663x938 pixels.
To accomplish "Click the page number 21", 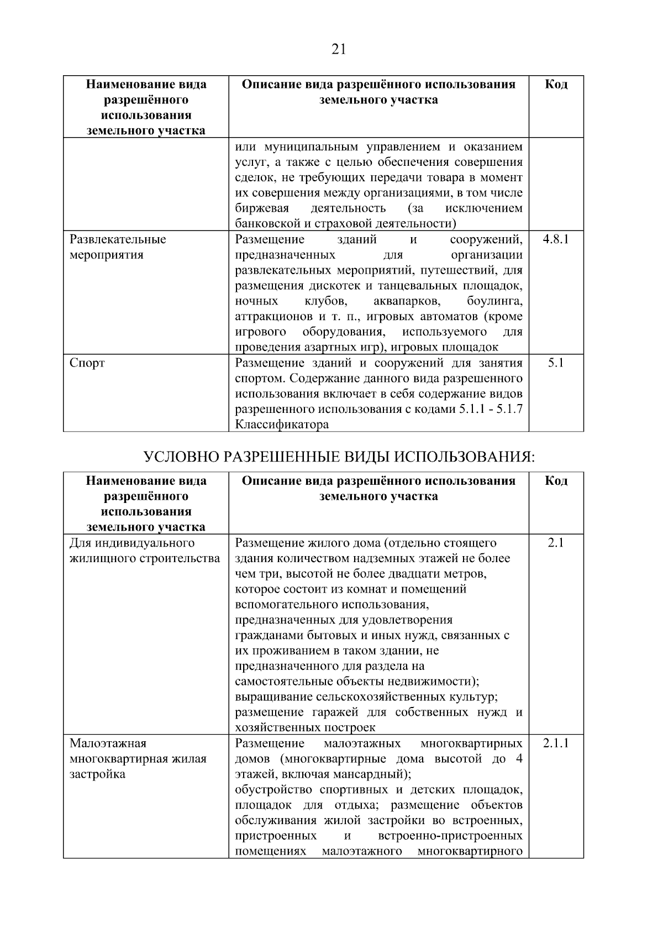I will click(x=339, y=50).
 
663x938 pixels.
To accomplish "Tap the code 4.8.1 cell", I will click(x=556, y=239).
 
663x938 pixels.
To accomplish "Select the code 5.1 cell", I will click(x=556, y=363).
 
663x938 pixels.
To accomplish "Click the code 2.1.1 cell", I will click(x=556, y=743).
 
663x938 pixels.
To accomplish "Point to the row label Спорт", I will click(x=87, y=363).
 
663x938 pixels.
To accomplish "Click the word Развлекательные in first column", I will click(x=118, y=239).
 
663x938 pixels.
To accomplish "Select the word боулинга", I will click(x=494, y=301).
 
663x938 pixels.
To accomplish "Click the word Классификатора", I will click(x=282, y=425).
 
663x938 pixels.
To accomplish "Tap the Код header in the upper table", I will click(x=556, y=84).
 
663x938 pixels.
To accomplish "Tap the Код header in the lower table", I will click(x=556, y=480).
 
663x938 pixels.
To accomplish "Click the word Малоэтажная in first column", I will click(x=108, y=743).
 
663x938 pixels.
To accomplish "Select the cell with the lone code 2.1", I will click(x=556, y=543).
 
